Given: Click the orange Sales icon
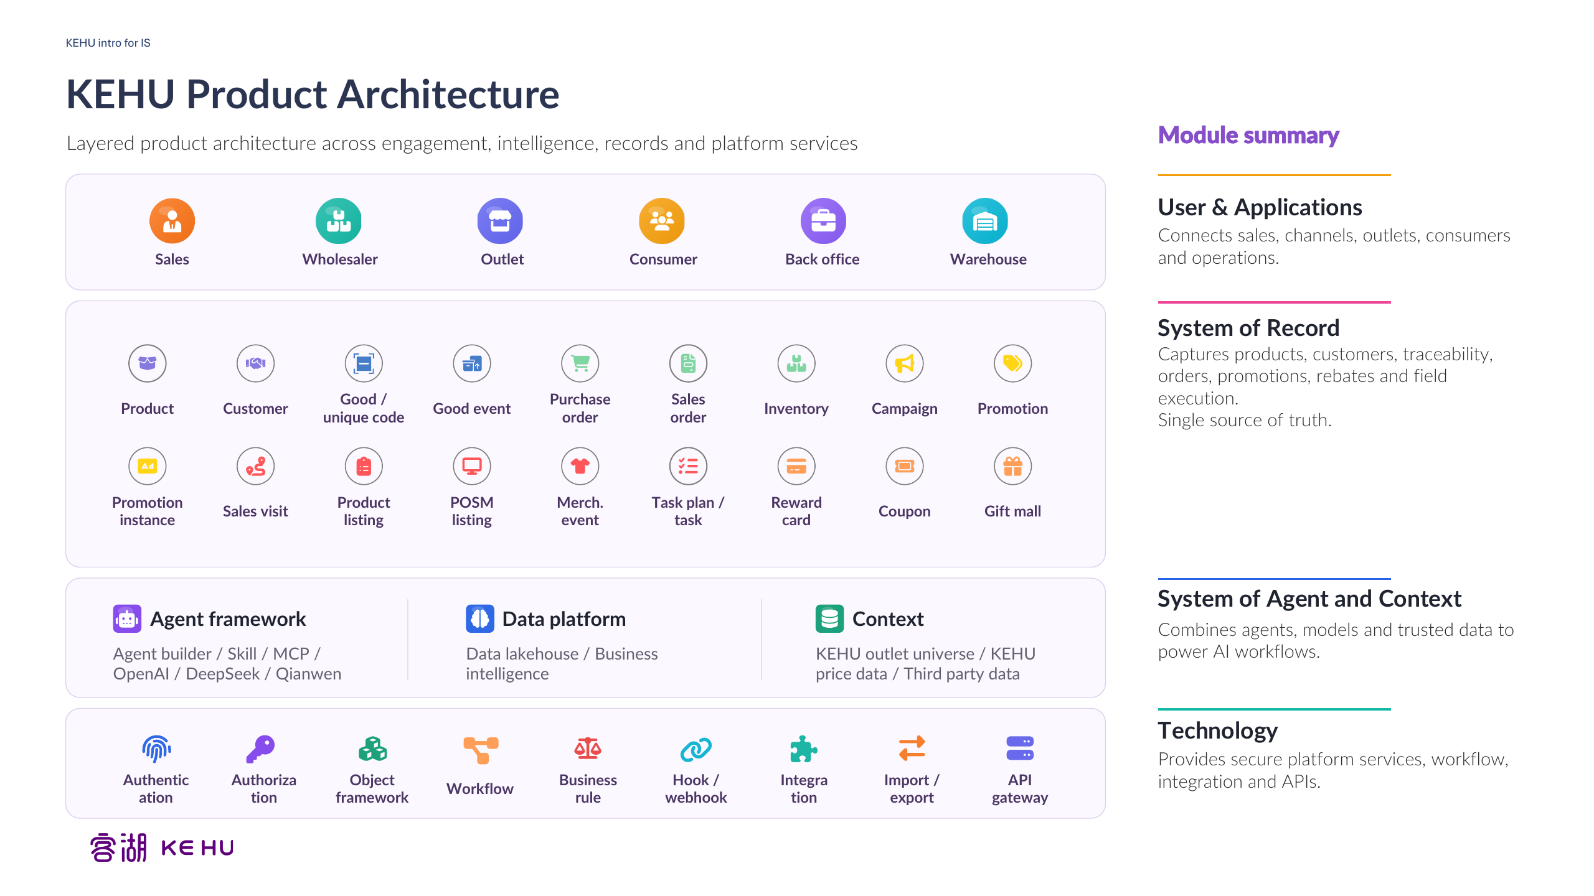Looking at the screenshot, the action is click(172, 221).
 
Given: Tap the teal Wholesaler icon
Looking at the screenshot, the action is click(338, 221).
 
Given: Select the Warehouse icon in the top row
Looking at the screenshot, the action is click(985, 221).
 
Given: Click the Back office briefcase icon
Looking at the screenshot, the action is click(823, 221).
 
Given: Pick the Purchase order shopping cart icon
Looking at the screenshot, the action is click(580, 363).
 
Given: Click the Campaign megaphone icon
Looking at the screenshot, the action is click(905, 363).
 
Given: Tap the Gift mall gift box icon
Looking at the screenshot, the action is click(1013, 466).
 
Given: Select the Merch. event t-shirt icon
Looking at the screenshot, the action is click(580, 466).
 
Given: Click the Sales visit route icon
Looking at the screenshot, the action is click(256, 466).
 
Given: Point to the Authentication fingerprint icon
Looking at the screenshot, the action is click(156, 749).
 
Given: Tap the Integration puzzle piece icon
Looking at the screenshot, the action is click(803, 749).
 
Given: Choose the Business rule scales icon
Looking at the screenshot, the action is click(588, 749).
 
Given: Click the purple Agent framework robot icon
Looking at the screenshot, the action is click(127, 619).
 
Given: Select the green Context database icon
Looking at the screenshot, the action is click(829, 619).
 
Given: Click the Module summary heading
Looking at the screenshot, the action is click(1248, 135).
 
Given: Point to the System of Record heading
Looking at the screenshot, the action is click(1248, 328).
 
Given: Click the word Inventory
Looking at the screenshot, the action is click(796, 409).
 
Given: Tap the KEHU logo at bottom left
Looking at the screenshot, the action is click(162, 847).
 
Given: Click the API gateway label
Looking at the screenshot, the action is click(1020, 789).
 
